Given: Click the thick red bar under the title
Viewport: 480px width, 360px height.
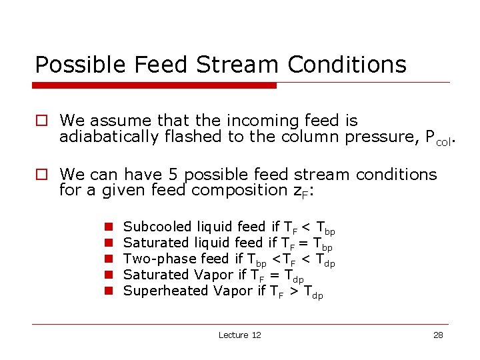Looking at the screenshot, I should point(155,85).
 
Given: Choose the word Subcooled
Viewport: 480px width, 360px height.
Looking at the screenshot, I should point(157,227).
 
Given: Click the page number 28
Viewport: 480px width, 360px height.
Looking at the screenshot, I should point(438,335).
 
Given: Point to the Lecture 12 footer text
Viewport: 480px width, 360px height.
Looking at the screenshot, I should point(239,335).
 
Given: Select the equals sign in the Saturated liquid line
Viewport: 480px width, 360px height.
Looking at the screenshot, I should point(305,243).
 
